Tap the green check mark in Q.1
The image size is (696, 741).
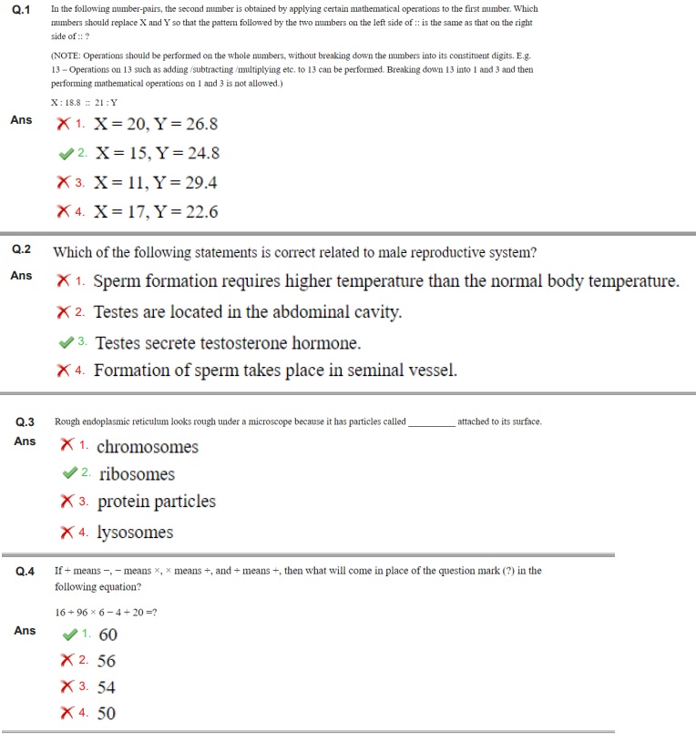pos(66,154)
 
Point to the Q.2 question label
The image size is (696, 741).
pos(21,249)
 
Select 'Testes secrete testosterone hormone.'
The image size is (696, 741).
pos(228,343)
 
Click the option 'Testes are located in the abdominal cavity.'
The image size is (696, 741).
pos(247,312)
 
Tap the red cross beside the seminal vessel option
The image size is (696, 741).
pos(64,370)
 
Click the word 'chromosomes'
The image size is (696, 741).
pos(147,447)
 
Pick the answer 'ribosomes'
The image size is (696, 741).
pos(137,474)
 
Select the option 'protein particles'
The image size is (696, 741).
pos(157,502)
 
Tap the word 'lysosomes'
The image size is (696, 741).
pos(135,533)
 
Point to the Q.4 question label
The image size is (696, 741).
pos(26,572)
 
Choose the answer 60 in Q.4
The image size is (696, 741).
pos(107,634)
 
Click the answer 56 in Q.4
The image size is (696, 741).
pos(107,661)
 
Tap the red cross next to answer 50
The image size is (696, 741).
pos(67,714)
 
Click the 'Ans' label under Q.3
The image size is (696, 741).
pos(25,442)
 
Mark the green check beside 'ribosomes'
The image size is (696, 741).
pos(68,473)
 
